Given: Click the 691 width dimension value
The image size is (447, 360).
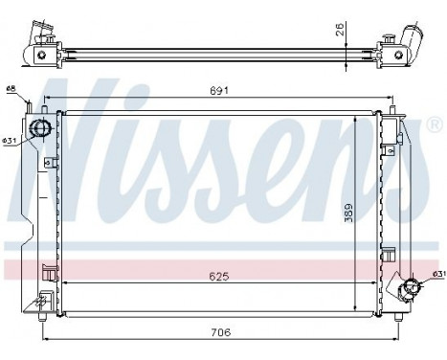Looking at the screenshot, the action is [219, 91].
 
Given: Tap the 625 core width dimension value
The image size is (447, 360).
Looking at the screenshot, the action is [219, 277].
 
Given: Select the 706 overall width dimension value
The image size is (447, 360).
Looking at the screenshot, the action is [221, 332].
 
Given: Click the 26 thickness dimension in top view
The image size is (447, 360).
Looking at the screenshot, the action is [340, 29].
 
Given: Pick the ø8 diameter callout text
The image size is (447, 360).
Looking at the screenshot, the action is [11, 88].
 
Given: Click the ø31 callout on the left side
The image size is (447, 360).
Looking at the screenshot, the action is [10, 140].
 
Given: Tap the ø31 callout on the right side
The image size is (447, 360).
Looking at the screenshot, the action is [439, 274].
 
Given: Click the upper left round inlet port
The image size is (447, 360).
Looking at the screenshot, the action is [40, 128].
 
